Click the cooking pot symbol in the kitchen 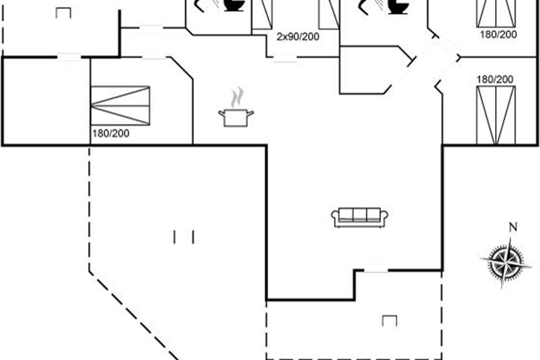coord(236,117)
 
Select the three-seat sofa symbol coord(360,217)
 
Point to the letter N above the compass coord(512,227)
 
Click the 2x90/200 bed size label coord(297,37)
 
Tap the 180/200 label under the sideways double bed coord(111,133)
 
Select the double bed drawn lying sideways coord(120,105)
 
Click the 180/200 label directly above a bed coord(495,79)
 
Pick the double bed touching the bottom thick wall coord(495,115)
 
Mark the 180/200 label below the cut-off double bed coord(498,34)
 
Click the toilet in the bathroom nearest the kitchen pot coord(234,5)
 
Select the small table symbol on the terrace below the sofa coord(389,320)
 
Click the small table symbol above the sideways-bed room coord(63,13)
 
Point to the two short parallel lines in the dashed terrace coord(184,237)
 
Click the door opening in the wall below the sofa coord(376,270)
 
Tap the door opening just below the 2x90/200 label coord(285,58)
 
